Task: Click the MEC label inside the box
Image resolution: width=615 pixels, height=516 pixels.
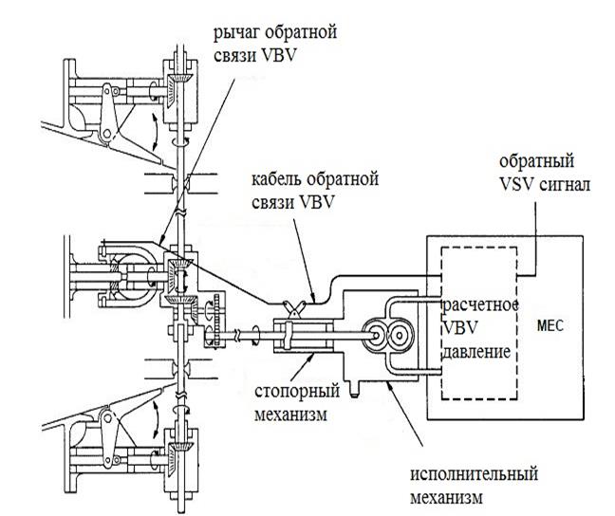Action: pyautogui.click(x=550, y=325)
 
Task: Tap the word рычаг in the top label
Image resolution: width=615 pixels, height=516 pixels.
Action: pyautogui.click(x=236, y=33)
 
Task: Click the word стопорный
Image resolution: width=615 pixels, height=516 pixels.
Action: pyautogui.click(x=297, y=392)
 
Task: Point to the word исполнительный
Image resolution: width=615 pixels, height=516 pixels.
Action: pyautogui.click(x=474, y=474)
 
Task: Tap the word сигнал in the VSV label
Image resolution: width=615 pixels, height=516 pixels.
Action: pyautogui.click(x=564, y=184)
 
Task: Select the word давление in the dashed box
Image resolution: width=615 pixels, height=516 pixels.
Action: pyautogui.click(x=476, y=351)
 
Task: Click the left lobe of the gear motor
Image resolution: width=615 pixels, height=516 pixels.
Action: pyautogui.click(x=375, y=336)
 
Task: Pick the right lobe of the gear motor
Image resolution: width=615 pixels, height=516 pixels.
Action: pyautogui.click(x=400, y=336)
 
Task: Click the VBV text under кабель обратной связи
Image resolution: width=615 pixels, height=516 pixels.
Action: pyautogui.click(x=316, y=203)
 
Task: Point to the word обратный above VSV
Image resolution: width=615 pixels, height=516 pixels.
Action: pyautogui.click(x=536, y=161)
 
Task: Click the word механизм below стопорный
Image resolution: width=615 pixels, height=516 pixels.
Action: pyautogui.click(x=290, y=415)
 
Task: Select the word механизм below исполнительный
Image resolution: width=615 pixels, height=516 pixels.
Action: pyautogui.click(x=447, y=498)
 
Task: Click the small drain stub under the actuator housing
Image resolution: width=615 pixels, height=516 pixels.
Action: pyautogui.click(x=354, y=389)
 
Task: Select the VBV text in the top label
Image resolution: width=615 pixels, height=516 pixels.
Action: pyautogui.click(x=278, y=56)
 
